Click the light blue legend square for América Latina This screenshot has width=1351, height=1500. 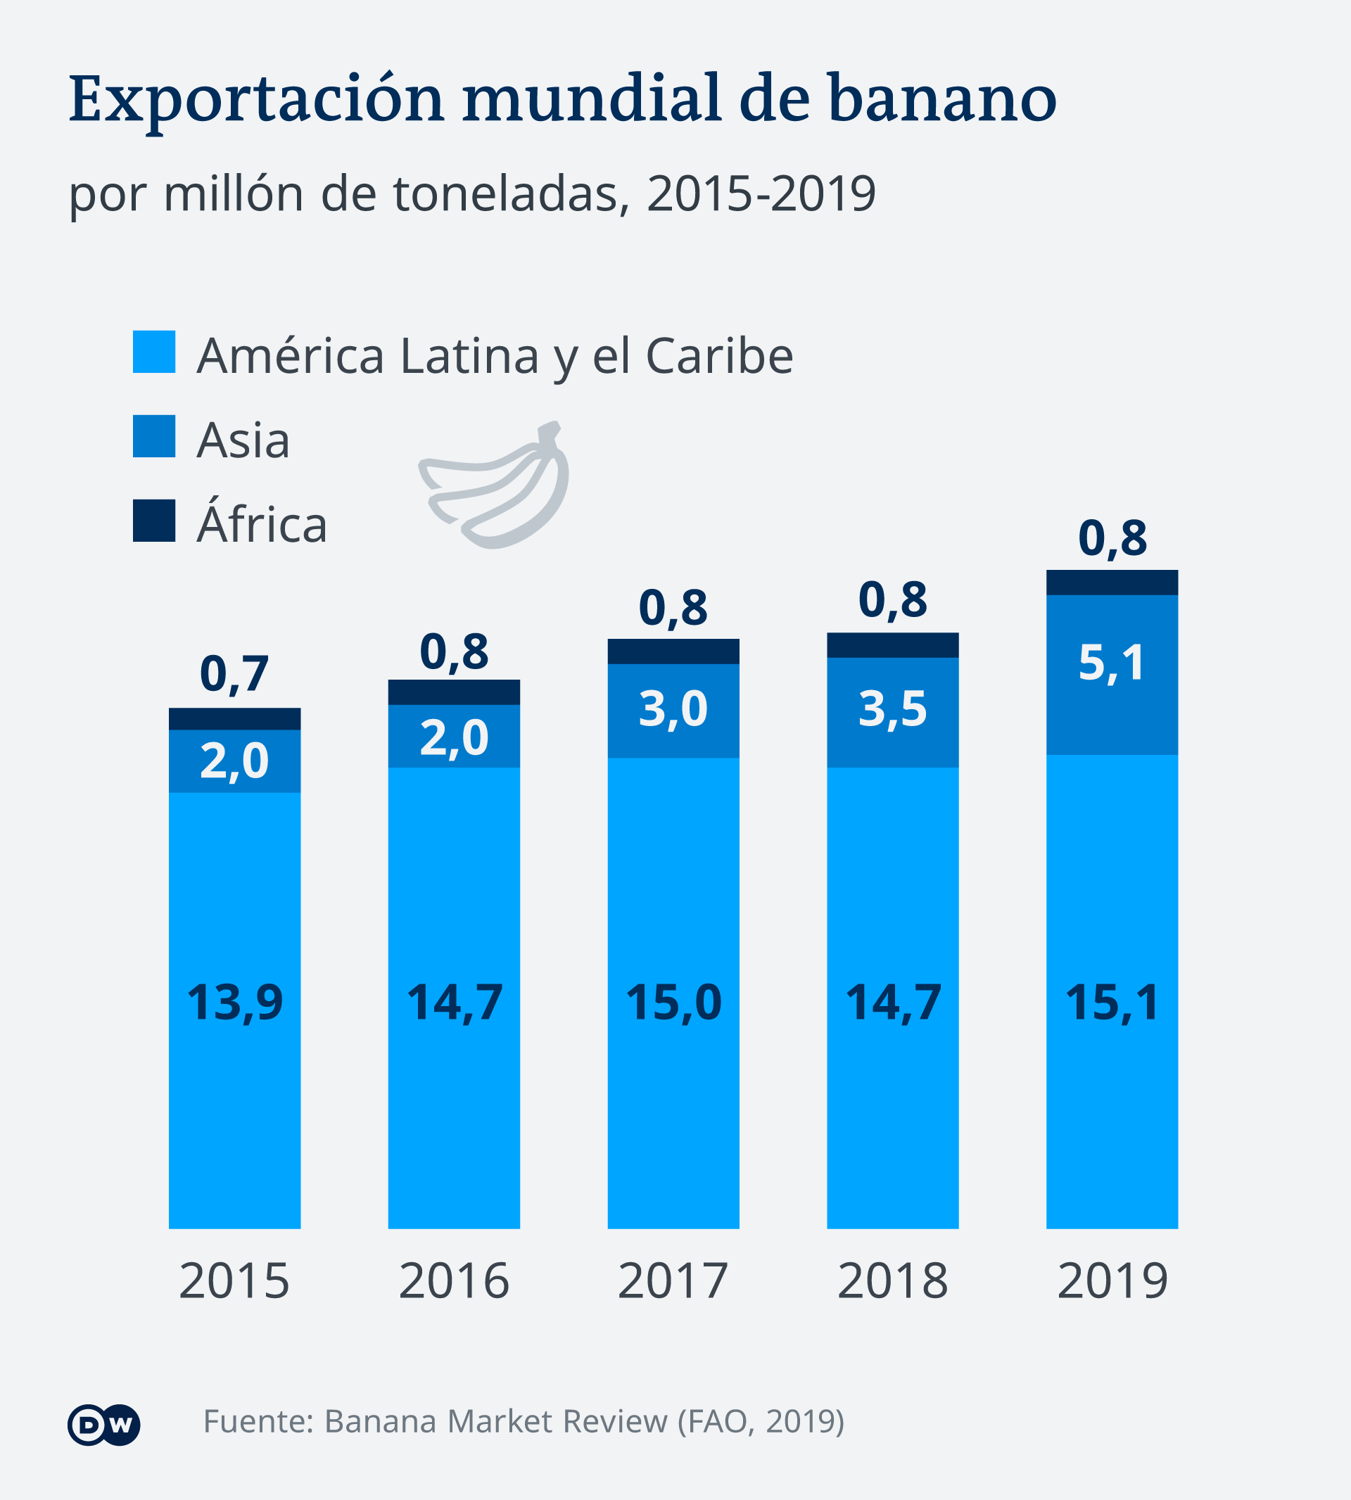(x=153, y=352)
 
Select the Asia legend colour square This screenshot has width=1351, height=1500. (x=153, y=436)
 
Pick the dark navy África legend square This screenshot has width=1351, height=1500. (x=153, y=521)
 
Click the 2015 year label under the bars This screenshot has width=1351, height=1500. (x=234, y=1281)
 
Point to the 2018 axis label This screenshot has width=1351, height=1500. (x=892, y=1281)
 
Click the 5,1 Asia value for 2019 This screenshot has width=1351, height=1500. (x=1111, y=663)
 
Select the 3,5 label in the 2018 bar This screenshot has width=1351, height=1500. (x=892, y=708)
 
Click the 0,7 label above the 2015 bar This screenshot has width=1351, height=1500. (x=234, y=674)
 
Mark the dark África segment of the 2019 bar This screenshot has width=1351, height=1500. (x=1111, y=583)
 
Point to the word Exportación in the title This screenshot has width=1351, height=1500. (x=256, y=100)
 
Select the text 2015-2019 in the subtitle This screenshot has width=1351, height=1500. (x=761, y=194)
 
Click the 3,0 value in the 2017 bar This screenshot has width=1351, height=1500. (x=673, y=708)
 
